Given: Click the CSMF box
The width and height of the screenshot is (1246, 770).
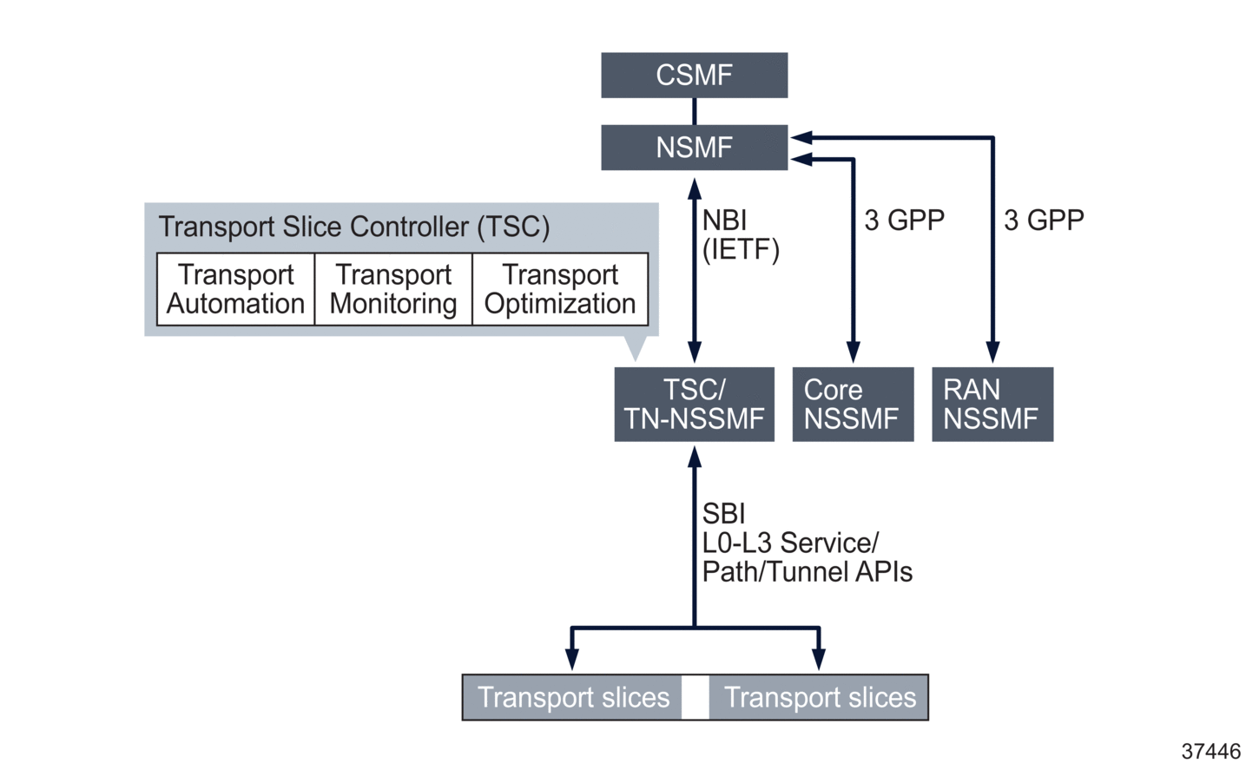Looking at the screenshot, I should (x=694, y=75).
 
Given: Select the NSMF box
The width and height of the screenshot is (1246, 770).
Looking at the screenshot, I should (x=694, y=147).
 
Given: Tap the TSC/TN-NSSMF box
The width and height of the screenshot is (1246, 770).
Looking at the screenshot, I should (x=694, y=404).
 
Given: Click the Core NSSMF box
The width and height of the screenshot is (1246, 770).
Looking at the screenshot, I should (x=853, y=404).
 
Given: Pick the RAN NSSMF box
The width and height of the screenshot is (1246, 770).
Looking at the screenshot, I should (x=992, y=404).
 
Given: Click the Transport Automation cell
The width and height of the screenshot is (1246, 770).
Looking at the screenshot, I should (x=235, y=289).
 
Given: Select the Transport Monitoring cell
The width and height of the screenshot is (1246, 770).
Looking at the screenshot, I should (x=393, y=289).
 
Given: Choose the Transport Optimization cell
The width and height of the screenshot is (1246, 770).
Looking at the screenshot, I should (x=560, y=289).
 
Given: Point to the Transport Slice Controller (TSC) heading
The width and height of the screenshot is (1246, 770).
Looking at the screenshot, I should (x=354, y=227).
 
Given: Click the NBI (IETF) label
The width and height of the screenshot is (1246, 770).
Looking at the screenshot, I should (x=740, y=234).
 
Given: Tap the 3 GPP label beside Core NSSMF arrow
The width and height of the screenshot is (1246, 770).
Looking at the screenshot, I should (x=904, y=220).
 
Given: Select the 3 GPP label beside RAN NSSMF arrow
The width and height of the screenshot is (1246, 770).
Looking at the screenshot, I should (x=1044, y=220).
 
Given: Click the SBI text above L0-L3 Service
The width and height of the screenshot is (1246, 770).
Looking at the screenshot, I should (x=723, y=514).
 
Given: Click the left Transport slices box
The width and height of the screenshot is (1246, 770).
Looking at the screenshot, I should (x=573, y=697).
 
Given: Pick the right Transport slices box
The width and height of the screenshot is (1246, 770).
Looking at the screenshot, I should (x=819, y=697).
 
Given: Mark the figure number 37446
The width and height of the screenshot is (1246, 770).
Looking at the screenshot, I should (x=1210, y=751).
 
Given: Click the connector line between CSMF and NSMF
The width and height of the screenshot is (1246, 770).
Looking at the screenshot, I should (x=694, y=111).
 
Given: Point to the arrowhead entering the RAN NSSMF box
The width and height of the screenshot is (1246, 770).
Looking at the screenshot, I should (x=992, y=352).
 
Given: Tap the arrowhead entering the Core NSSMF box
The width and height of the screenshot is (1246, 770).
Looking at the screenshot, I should (x=854, y=352).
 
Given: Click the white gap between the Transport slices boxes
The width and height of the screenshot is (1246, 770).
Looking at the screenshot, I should (x=695, y=697).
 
